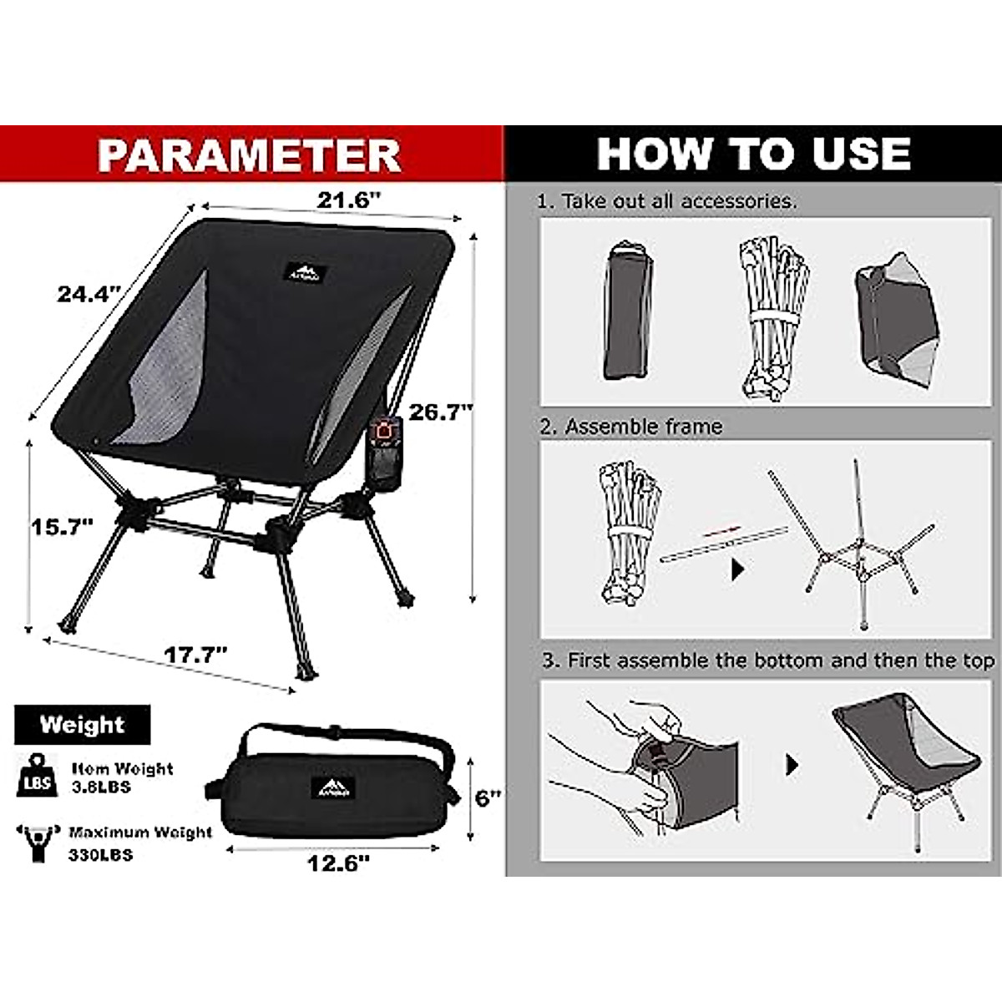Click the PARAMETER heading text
(x=249, y=155)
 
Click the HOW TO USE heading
(x=753, y=154)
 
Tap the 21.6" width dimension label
(x=349, y=200)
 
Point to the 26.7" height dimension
(x=441, y=412)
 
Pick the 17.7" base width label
(x=195, y=655)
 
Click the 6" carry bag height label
(x=488, y=797)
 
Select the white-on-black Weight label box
(x=82, y=725)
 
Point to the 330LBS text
(x=100, y=855)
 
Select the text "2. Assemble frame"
(x=630, y=427)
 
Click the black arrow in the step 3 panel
(x=792, y=765)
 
